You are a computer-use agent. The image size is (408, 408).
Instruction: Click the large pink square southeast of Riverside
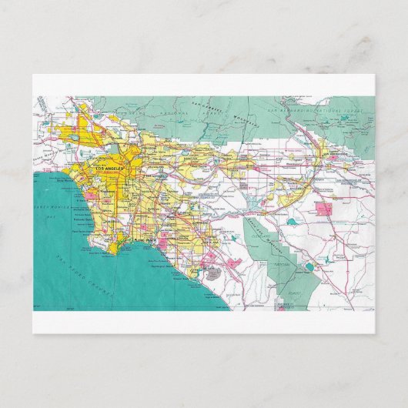click(323, 208)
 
